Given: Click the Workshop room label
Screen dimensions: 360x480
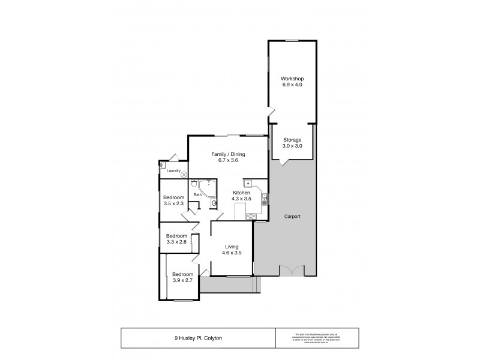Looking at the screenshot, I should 292,79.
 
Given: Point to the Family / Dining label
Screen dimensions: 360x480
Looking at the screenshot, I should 227,155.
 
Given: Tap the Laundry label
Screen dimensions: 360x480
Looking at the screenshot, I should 174,170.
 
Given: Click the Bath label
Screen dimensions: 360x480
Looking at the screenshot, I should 197,194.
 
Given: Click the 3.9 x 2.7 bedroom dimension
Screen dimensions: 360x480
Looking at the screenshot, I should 183,280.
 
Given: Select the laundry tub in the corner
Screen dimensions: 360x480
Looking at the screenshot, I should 163,164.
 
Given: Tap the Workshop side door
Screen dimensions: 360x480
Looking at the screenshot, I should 271,112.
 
